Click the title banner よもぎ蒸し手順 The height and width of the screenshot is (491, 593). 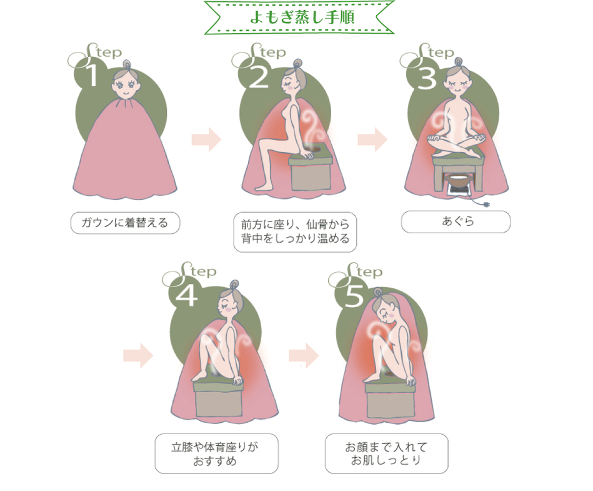point(299,18)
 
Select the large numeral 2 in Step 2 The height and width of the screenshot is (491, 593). point(259,77)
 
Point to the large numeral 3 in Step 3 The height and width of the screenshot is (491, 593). point(427,78)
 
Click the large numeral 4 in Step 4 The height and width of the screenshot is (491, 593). point(186,295)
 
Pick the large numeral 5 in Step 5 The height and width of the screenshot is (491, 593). point(354,296)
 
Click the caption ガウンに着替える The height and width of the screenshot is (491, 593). point(125,223)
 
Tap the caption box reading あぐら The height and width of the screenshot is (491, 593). point(456,221)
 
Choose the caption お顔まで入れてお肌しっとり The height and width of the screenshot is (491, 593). point(386,453)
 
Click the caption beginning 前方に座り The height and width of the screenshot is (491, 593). point(295,232)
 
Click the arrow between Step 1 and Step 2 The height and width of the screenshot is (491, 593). point(206,139)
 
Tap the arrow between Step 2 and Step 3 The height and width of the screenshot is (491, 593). point(372,139)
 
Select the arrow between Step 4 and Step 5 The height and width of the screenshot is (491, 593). point(304,356)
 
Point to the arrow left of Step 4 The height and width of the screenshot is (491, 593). point(138,356)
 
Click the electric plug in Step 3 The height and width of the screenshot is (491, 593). point(486,205)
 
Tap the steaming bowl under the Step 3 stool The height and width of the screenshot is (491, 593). point(459,181)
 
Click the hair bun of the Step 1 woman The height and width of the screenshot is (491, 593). point(126,65)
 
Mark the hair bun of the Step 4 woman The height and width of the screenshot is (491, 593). point(234,285)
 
